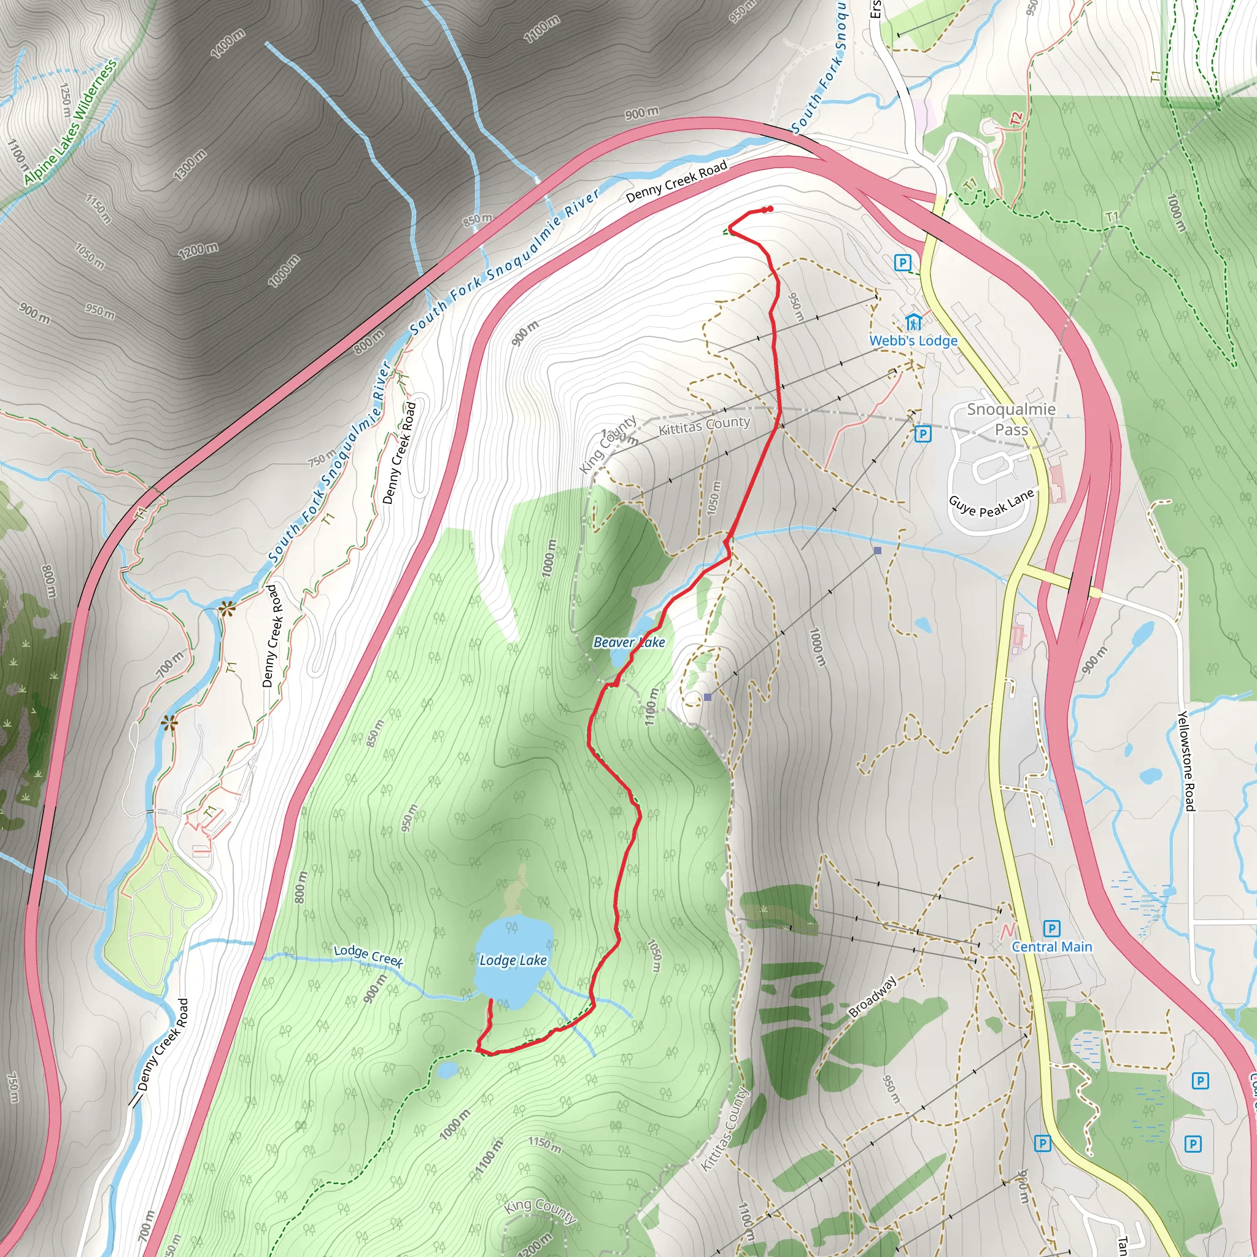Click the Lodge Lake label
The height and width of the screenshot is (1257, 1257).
tap(512, 961)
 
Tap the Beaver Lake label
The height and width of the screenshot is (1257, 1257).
tap(628, 642)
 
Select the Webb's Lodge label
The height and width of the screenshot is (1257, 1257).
tap(913, 340)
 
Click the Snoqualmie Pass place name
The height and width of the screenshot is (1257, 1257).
tap(1010, 419)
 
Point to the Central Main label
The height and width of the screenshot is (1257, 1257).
tap(1051, 946)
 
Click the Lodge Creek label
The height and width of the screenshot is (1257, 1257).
tap(368, 955)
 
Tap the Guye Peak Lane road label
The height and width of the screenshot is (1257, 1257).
tap(991, 502)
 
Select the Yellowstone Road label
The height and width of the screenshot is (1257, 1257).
tap(1185, 761)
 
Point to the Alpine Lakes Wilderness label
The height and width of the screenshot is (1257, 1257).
tap(70, 122)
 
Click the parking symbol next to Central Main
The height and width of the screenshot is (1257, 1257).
tap(1051, 929)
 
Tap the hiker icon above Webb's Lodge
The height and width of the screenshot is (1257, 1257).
tap(913, 322)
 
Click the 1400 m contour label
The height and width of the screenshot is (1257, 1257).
tap(228, 44)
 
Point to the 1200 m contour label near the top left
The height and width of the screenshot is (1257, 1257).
tap(198, 250)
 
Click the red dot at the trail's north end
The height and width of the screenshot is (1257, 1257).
tap(768, 209)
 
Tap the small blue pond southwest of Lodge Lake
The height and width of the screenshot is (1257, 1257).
tap(447, 1070)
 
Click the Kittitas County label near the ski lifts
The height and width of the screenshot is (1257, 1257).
tap(704, 425)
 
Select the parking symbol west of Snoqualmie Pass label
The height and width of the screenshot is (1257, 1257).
tap(922, 434)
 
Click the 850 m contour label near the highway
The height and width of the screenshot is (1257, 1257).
tap(478, 219)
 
